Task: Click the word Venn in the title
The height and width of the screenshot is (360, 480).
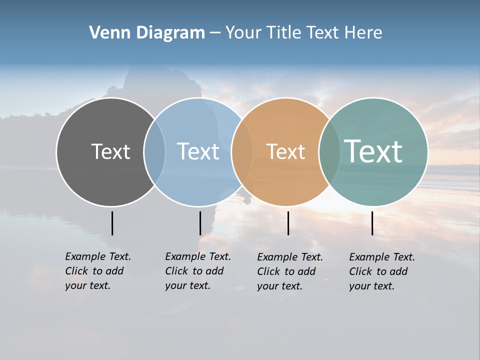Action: (x=106, y=33)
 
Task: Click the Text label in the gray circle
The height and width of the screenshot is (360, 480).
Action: (x=110, y=151)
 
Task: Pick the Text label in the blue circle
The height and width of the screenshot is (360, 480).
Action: (x=198, y=151)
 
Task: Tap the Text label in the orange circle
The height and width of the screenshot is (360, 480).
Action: (x=285, y=151)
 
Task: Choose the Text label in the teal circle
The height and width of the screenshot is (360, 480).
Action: (x=373, y=151)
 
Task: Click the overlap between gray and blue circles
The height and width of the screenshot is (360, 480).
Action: (x=154, y=152)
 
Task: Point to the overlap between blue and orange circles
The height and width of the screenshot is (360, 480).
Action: (x=242, y=152)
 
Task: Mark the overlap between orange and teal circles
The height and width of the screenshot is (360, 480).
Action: (x=329, y=152)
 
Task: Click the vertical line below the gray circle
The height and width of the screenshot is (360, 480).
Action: (x=112, y=223)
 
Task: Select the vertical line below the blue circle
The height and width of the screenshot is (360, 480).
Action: (x=200, y=223)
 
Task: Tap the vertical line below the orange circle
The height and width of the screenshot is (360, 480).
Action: (x=288, y=223)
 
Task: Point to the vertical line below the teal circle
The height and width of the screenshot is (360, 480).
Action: (x=372, y=223)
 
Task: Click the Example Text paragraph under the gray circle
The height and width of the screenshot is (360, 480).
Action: (x=97, y=271)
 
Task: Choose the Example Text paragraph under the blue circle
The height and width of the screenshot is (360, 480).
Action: (x=197, y=271)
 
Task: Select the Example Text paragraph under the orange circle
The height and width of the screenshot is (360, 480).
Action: (x=289, y=271)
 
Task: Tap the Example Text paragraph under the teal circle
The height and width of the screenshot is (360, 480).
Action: (x=381, y=271)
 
